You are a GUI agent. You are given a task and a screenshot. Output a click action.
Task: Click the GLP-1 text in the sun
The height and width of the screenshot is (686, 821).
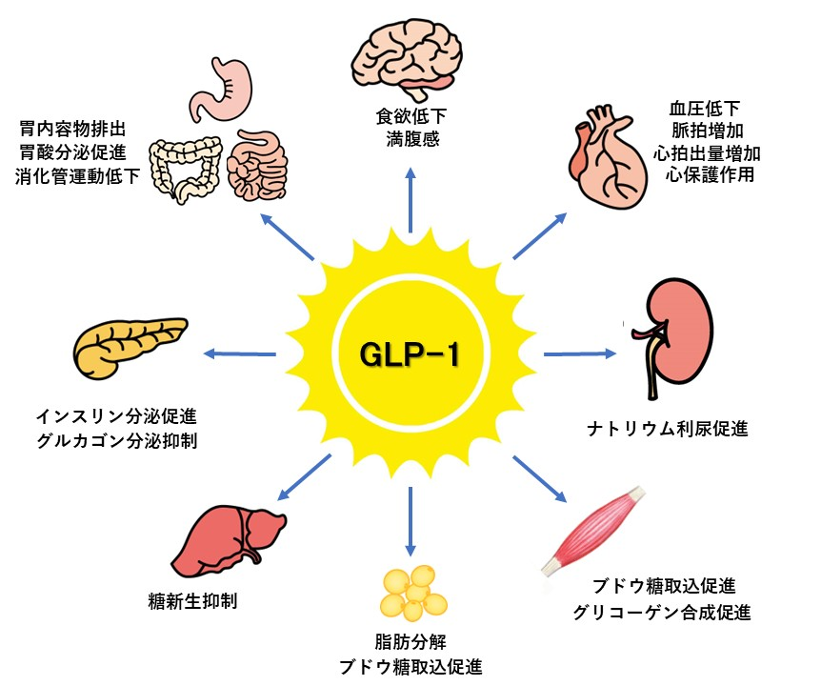[x=410, y=354]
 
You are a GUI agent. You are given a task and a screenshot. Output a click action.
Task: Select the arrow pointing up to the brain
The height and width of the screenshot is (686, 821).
[x=410, y=200]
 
